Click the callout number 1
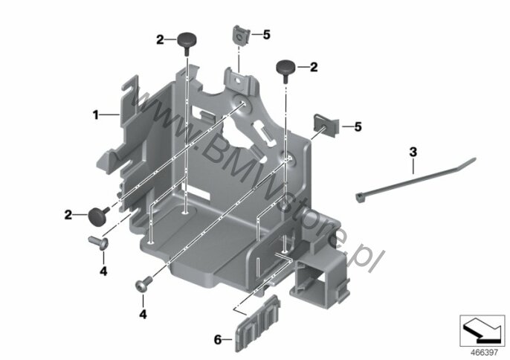coord(95,115)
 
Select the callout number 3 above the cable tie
coord(413,152)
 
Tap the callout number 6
coord(218,340)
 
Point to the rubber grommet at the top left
coord(187,43)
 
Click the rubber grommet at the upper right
coord(285,71)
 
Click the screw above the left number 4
coord(99,242)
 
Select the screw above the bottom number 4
coord(143,283)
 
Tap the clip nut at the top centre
coord(241,35)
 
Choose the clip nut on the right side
coord(326,125)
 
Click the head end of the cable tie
coord(359,196)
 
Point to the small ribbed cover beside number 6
coord(258,324)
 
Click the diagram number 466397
coord(484,353)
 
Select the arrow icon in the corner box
coord(482,330)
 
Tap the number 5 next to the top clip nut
coord(267,34)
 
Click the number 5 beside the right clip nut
coord(358,126)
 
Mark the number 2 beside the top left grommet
coord(160,40)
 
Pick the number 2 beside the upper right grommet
coord(314,67)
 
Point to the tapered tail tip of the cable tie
coord(475,159)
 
